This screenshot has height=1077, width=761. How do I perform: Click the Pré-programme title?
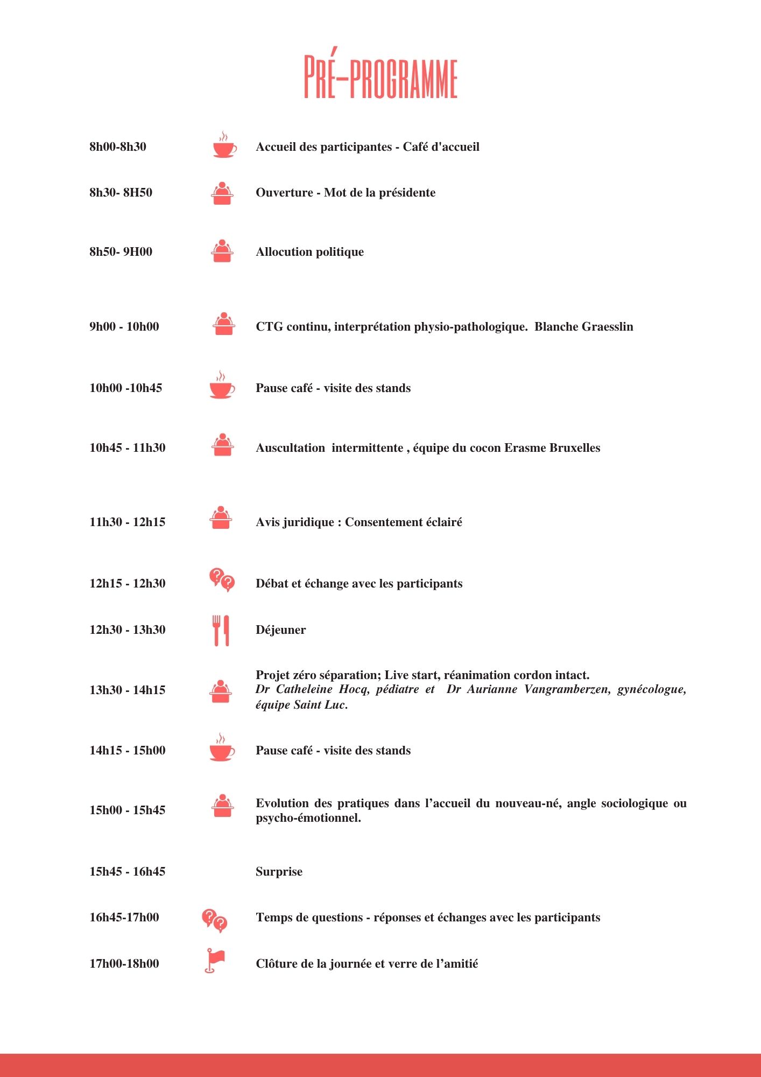point(380,76)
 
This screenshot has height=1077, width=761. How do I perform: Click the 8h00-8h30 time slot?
point(118,146)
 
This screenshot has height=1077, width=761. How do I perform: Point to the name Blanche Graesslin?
point(583,326)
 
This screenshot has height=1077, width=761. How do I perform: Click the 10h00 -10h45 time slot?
point(125,388)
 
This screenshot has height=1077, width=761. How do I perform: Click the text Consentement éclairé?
point(403,522)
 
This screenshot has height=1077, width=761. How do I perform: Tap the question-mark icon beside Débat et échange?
point(222,580)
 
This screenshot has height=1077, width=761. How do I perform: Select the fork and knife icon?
point(221,630)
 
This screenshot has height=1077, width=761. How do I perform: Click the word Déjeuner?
point(280,630)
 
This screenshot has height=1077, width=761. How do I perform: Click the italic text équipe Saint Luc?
point(301,704)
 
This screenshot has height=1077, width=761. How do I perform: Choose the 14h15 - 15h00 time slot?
point(127,750)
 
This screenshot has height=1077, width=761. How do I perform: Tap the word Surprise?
point(279,871)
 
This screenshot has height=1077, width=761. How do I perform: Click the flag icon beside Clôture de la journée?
point(215,961)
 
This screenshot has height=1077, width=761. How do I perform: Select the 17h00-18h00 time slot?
point(124,963)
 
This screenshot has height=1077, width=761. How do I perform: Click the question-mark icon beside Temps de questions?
point(214,920)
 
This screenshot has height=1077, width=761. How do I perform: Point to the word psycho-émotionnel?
point(308,818)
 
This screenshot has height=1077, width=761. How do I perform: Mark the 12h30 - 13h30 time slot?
point(127,630)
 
